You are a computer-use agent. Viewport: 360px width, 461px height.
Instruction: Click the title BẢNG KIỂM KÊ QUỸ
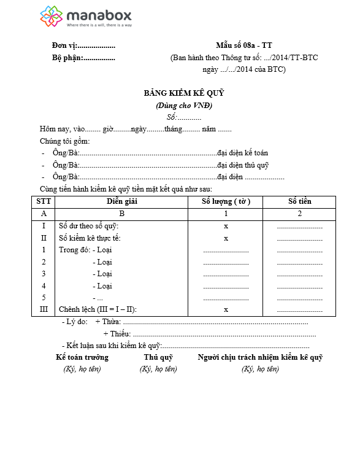(x=184, y=93)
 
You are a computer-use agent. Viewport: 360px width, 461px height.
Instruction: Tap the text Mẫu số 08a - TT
(x=243, y=46)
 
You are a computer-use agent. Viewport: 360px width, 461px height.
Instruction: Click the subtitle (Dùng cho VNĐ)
(x=184, y=105)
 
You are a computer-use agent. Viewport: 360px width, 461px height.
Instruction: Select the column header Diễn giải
(x=121, y=201)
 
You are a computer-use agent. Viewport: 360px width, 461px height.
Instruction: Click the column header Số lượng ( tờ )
(x=226, y=201)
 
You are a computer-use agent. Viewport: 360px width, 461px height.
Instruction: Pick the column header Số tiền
(x=299, y=201)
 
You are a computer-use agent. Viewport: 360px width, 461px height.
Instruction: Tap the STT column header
(x=44, y=201)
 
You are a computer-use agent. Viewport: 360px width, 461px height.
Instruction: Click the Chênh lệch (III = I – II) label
(x=98, y=309)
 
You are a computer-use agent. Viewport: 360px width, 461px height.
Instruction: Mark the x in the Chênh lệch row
(x=226, y=309)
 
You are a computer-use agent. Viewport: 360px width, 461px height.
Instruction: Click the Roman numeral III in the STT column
(x=44, y=309)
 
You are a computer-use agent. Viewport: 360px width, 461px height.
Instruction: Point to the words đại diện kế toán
(x=243, y=153)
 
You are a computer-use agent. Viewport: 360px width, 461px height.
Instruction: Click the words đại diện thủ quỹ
(x=243, y=165)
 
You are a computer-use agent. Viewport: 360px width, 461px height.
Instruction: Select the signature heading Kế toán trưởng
(x=82, y=357)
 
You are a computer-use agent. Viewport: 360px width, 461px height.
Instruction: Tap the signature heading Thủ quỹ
(x=158, y=357)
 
